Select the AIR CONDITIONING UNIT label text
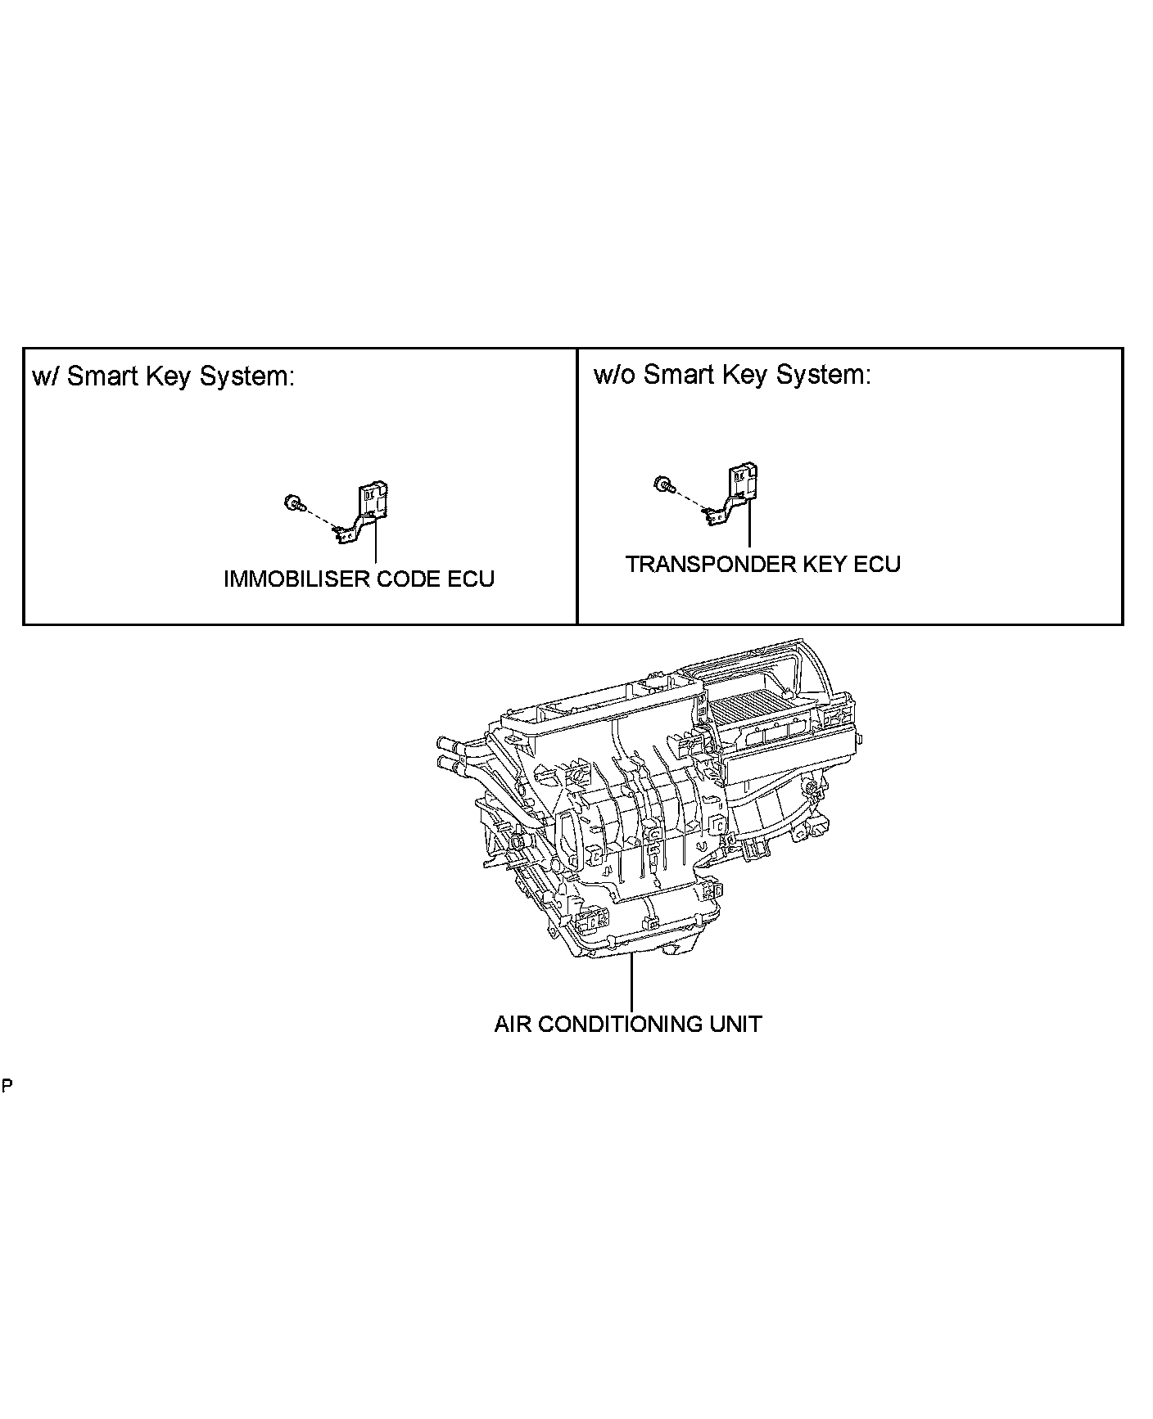tap(627, 1024)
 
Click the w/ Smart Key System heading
tap(162, 376)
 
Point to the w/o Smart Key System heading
tap(731, 375)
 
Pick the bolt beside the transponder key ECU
tap(662, 484)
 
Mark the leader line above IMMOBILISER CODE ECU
tap(376, 540)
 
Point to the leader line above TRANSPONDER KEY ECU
tap(749, 524)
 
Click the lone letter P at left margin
tap(7, 1087)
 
